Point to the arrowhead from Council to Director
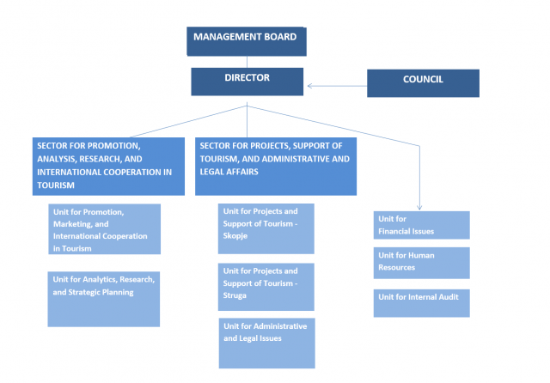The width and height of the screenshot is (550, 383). [x=310, y=85]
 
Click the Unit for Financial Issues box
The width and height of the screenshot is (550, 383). [x=421, y=225]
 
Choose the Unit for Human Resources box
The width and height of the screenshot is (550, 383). [x=421, y=263]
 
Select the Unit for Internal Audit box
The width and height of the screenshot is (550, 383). [x=421, y=303]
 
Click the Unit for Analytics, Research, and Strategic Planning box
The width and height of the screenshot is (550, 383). [x=103, y=298]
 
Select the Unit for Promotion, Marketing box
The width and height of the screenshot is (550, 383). [x=103, y=229]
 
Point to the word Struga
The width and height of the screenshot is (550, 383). [x=237, y=295]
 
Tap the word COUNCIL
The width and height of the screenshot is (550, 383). [x=423, y=79]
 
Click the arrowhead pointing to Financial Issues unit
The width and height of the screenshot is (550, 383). [x=419, y=207]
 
